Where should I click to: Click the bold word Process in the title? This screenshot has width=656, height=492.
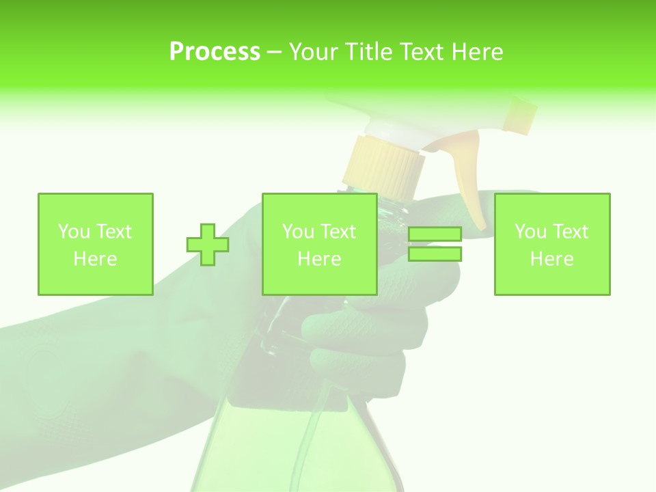pos(215,52)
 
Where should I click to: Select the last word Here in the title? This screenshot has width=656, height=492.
pos(477,52)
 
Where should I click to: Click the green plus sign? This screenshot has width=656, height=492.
pos(208,244)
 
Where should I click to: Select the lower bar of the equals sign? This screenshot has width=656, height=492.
pos(435,254)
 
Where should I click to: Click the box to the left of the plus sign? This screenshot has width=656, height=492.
pos(95,244)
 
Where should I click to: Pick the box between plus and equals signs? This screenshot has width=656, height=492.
pos(319,244)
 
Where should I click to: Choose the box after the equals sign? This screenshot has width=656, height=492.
pos(551,244)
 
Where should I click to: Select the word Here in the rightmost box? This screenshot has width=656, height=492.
pos(551,259)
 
